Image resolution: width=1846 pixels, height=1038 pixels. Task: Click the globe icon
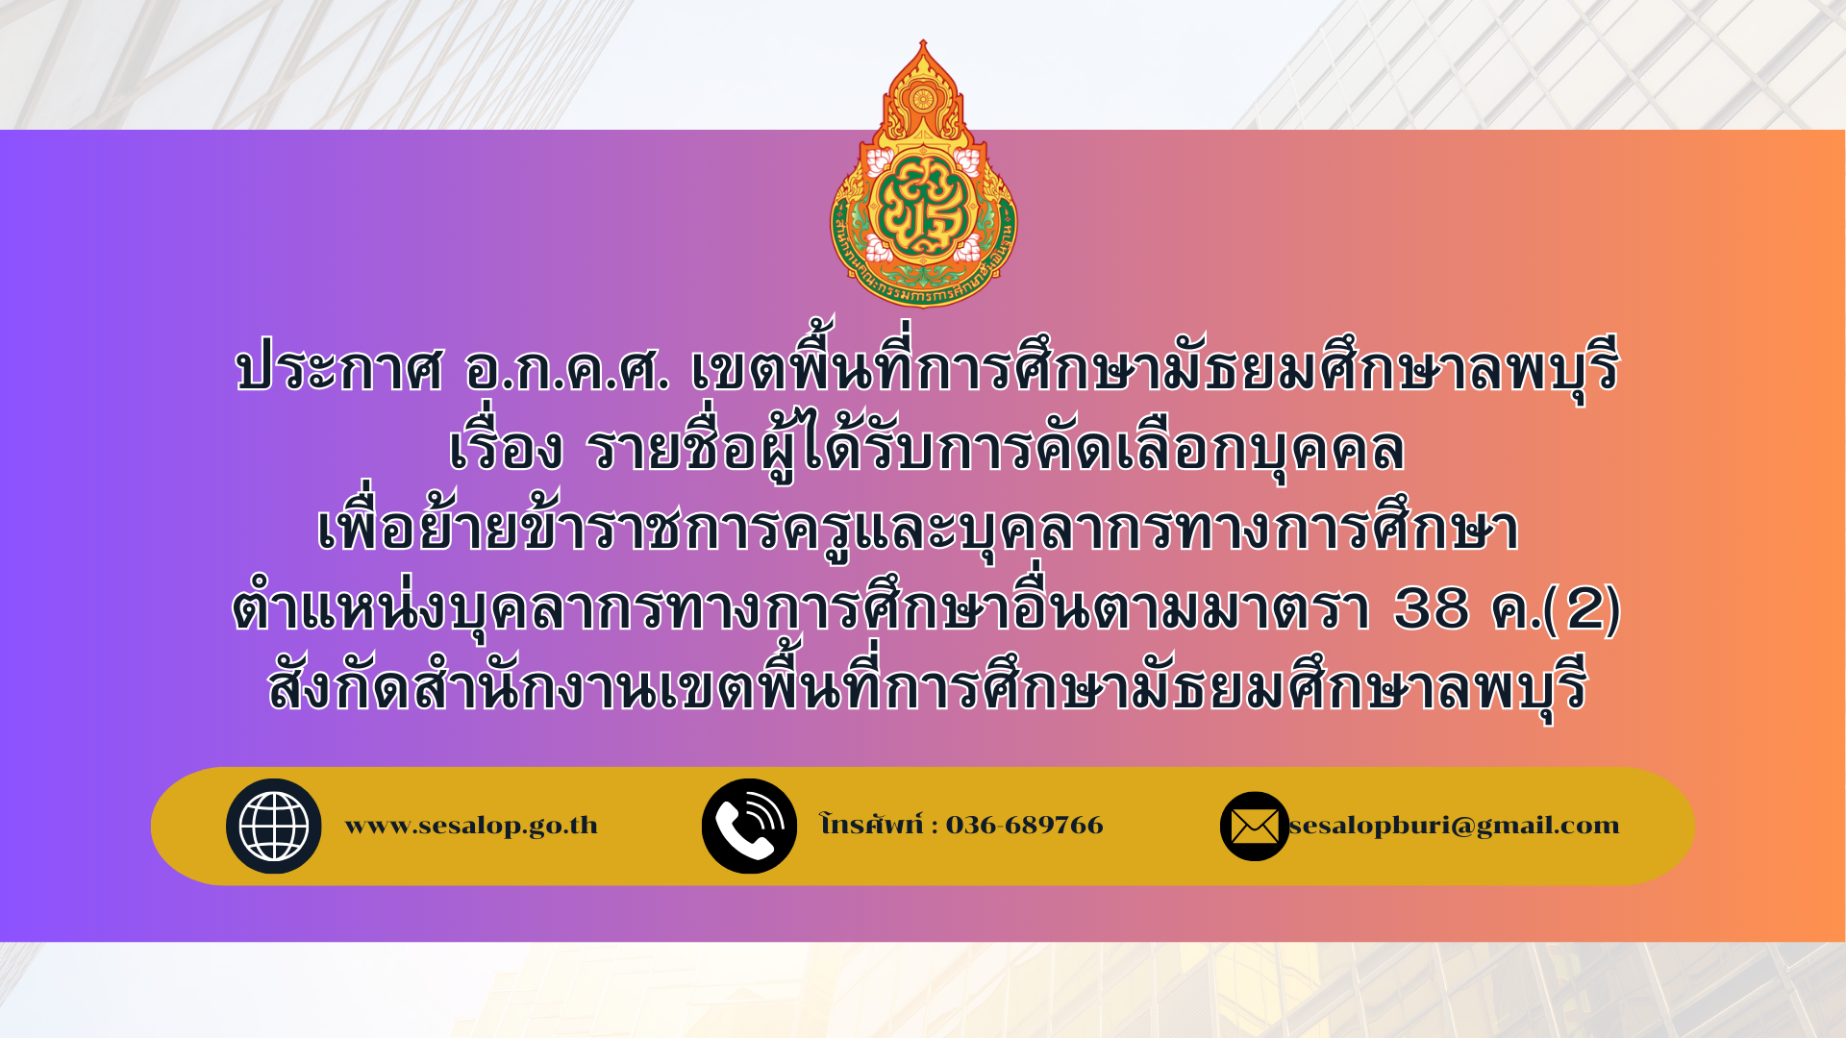pyautogui.click(x=274, y=827)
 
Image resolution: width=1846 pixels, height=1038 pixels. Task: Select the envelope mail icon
pyautogui.click(x=1255, y=827)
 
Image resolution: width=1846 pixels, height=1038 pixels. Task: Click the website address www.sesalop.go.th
pyautogui.click(x=471, y=826)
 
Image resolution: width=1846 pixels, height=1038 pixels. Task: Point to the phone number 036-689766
pyautogui.click(x=1025, y=826)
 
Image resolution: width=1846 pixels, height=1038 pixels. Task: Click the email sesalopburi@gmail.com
pyautogui.click(x=1455, y=826)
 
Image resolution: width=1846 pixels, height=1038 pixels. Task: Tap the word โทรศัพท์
pyautogui.click(x=871, y=824)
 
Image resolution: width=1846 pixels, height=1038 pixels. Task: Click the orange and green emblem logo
pyautogui.click(x=923, y=174)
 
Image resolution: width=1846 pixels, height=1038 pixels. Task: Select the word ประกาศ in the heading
pyautogui.click(x=339, y=369)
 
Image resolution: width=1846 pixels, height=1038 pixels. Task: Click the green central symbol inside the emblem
pyautogui.click(x=923, y=209)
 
